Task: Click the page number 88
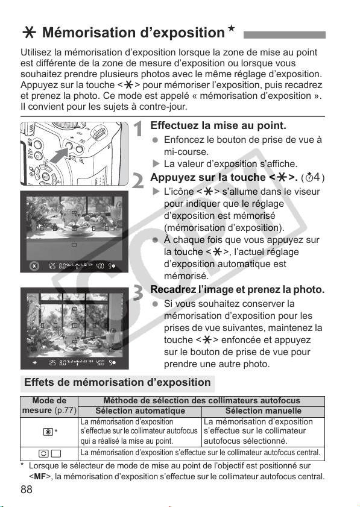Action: click(26, 490)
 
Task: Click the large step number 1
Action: click(139, 129)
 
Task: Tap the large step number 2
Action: click(138, 181)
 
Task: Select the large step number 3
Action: click(138, 292)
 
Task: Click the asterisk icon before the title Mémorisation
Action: click(29, 33)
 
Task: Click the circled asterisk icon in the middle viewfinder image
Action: click(34, 266)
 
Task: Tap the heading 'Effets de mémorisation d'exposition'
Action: click(118, 382)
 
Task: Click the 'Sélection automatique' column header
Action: click(140, 411)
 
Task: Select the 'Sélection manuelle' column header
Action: click(264, 411)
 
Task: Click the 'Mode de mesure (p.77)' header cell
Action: click(49, 406)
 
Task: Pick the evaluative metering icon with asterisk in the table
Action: click(51, 432)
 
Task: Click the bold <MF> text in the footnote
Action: click(39, 477)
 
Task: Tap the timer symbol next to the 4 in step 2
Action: click(309, 177)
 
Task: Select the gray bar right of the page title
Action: click(284, 35)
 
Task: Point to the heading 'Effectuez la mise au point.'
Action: click(218, 125)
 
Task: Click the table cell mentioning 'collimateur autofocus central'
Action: click(201, 453)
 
